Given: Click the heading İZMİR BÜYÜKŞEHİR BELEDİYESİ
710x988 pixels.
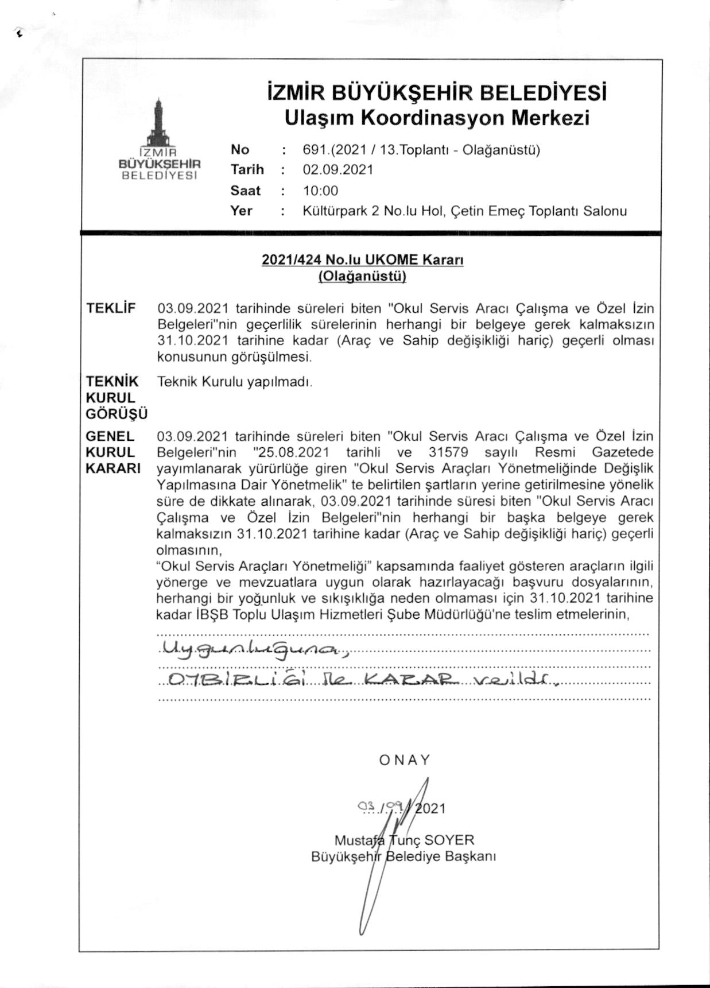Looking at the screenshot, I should point(437,93).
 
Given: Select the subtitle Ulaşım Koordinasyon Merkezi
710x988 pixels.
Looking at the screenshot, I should point(437,118).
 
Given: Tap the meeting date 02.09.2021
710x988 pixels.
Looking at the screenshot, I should point(338,170).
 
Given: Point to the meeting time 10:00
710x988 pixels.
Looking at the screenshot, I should point(320,191).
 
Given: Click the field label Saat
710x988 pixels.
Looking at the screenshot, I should point(245,191).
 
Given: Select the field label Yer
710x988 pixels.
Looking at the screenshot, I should point(241,211).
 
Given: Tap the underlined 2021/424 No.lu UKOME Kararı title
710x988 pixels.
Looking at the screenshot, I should point(362,259).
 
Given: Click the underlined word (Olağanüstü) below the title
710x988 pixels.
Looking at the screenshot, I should point(362,277).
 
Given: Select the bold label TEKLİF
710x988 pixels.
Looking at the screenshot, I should point(111,308).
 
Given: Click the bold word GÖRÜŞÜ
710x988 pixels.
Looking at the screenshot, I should point(117,413).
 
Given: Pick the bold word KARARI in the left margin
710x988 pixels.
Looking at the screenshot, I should point(113,468).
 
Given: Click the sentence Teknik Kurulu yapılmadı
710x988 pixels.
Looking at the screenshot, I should point(235,382).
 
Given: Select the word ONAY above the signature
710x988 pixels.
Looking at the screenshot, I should point(405,760).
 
